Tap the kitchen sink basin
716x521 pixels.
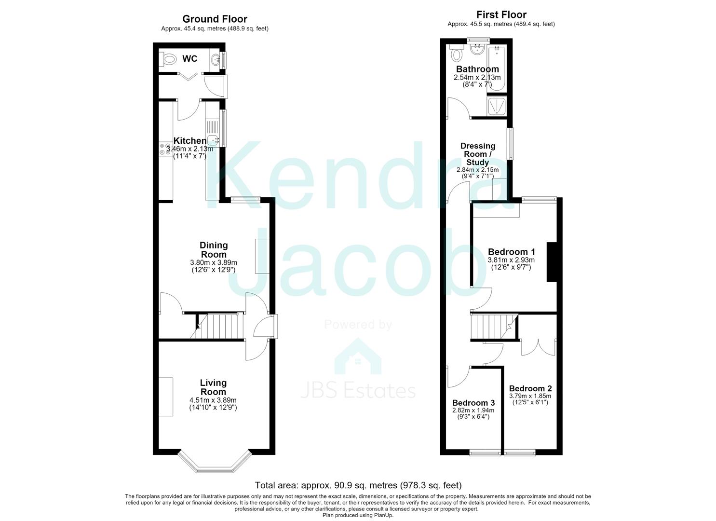click(213, 140)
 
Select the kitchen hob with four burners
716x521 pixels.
click(165, 150)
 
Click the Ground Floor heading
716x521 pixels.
click(215, 19)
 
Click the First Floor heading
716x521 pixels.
click(501, 14)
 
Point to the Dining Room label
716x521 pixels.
click(214, 250)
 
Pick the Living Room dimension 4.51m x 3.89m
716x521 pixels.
click(213, 400)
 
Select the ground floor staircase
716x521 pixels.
click(217, 326)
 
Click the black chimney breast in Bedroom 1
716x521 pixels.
click(552, 262)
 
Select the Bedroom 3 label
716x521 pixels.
click(473, 403)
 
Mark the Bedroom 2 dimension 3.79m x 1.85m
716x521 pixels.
click(530, 396)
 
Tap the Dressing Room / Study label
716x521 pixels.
click(478, 154)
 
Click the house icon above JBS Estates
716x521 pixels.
click(358, 356)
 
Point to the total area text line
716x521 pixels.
click(358, 485)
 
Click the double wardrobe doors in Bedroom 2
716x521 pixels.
click(539, 347)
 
